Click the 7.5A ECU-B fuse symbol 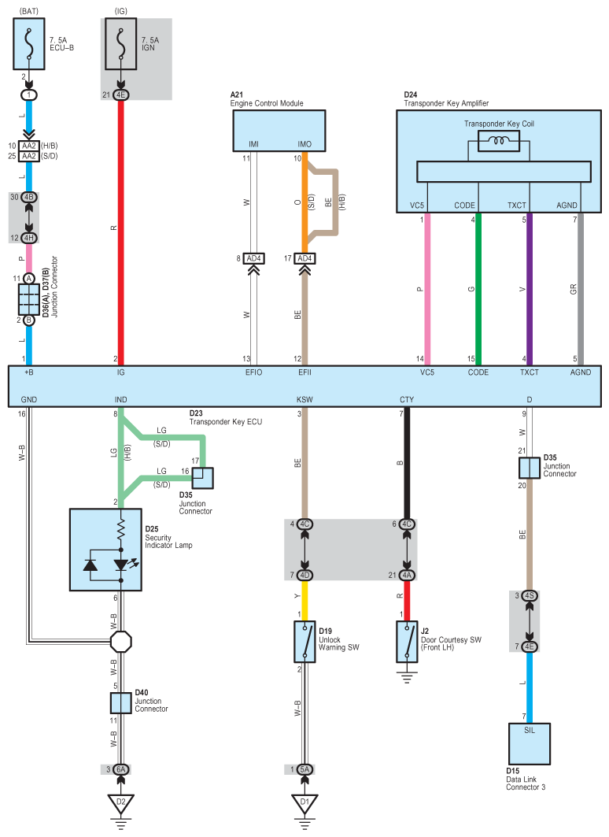tap(29, 44)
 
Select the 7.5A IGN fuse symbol tap(121, 44)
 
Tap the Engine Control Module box tap(279, 131)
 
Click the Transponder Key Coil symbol tap(499, 142)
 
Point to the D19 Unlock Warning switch tap(304, 642)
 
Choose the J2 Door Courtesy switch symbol tap(407, 642)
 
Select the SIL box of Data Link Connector tap(529, 743)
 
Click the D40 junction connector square tap(121, 703)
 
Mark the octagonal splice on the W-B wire tap(121, 642)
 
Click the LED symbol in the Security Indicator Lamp tap(122, 565)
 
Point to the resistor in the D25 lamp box tap(121, 530)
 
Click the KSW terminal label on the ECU tap(304, 399)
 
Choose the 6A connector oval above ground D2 tap(121, 769)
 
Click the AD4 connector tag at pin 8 tap(253, 258)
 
